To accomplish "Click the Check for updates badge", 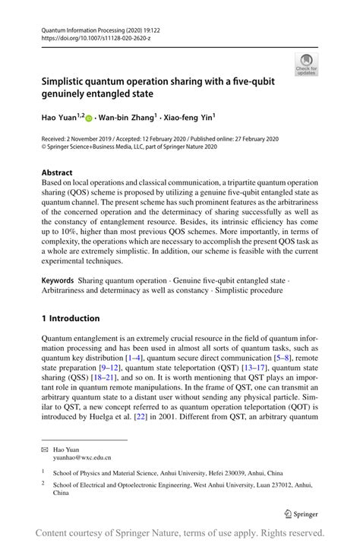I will pos(308,64).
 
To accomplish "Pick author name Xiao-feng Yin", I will pos(187,118).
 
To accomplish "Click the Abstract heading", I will pos(58,173).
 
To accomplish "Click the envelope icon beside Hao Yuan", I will pos(45,450).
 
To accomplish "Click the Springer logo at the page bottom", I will pos(300,513).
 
